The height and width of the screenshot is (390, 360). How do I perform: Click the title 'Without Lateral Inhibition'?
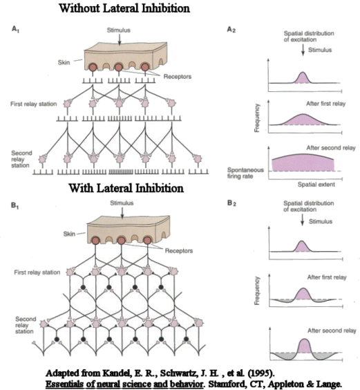[x=124, y=8]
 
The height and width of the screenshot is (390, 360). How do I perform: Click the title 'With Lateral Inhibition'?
[x=126, y=188]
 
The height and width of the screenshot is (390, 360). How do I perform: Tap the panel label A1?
[x=15, y=29]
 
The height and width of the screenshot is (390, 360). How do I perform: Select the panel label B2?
[x=231, y=203]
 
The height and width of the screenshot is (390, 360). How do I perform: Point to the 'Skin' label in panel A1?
[x=64, y=62]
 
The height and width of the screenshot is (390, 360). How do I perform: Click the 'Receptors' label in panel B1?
[x=179, y=251]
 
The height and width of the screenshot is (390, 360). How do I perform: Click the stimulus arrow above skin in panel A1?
[x=120, y=40]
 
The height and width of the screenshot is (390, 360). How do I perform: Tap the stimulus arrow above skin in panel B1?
[x=122, y=213]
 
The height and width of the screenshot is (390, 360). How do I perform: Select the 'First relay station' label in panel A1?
[x=34, y=104]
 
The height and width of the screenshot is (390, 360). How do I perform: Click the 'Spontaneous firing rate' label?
[x=245, y=173]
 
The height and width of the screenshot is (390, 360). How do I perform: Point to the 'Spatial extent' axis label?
[x=316, y=185]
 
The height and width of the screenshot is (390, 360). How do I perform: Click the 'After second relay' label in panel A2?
[x=331, y=148]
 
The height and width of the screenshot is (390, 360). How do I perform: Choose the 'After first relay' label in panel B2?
[x=327, y=277]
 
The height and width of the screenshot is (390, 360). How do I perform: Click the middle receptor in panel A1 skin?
[x=118, y=67]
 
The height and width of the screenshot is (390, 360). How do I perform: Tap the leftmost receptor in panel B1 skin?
[x=95, y=241]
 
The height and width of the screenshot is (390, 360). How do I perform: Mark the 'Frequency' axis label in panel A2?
[x=257, y=118]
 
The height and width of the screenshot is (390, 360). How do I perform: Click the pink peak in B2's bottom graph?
[x=304, y=346]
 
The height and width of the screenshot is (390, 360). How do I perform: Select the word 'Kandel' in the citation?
[x=117, y=373]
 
